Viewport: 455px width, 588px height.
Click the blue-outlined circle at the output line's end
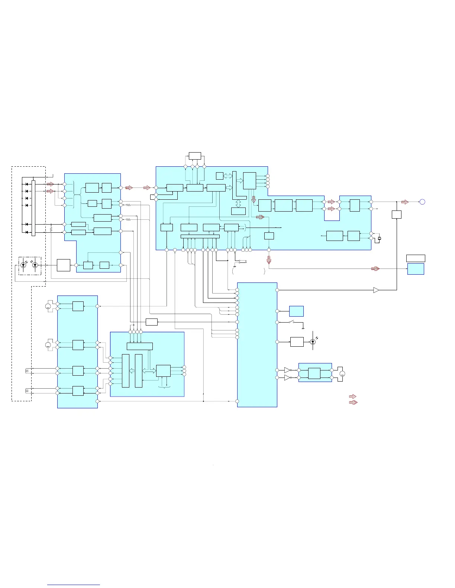click(x=422, y=202)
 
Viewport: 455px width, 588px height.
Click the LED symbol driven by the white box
click(x=313, y=342)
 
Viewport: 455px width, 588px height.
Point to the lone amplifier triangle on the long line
click(x=376, y=290)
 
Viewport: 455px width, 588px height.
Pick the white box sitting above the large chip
click(x=195, y=156)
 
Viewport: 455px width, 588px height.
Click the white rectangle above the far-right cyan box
click(x=416, y=258)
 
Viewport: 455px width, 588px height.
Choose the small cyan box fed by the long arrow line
click(x=416, y=269)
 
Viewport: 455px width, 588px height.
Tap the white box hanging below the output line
click(x=397, y=215)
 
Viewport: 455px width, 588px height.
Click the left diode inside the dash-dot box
click(x=23, y=265)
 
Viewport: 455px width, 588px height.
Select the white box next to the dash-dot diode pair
click(x=64, y=265)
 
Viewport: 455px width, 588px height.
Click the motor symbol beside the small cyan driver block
click(x=342, y=374)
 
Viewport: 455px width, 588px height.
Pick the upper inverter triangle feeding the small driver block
click(x=287, y=370)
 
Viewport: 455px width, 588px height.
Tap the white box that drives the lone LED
click(x=297, y=342)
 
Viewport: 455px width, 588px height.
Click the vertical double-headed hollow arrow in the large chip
click(x=238, y=203)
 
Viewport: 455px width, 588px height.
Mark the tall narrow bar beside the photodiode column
click(x=33, y=208)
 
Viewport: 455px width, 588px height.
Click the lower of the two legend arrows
click(x=353, y=402)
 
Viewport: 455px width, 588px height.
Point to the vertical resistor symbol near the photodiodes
click(x=51, y=230)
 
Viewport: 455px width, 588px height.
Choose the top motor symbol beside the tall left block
click(x=48, y=306)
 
